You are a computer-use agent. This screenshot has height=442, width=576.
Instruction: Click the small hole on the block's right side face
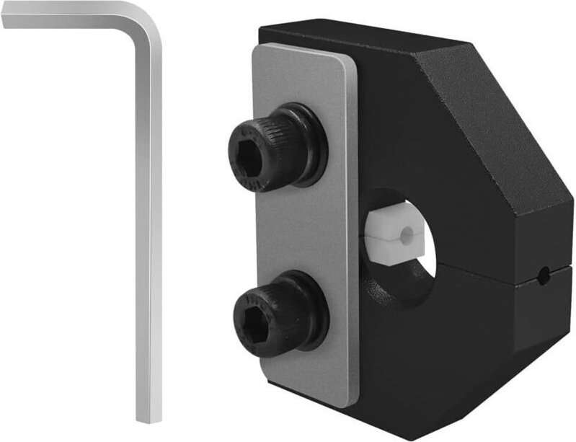(x=546, y=273)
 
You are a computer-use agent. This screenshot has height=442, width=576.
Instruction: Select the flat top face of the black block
(x=360, y=40)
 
